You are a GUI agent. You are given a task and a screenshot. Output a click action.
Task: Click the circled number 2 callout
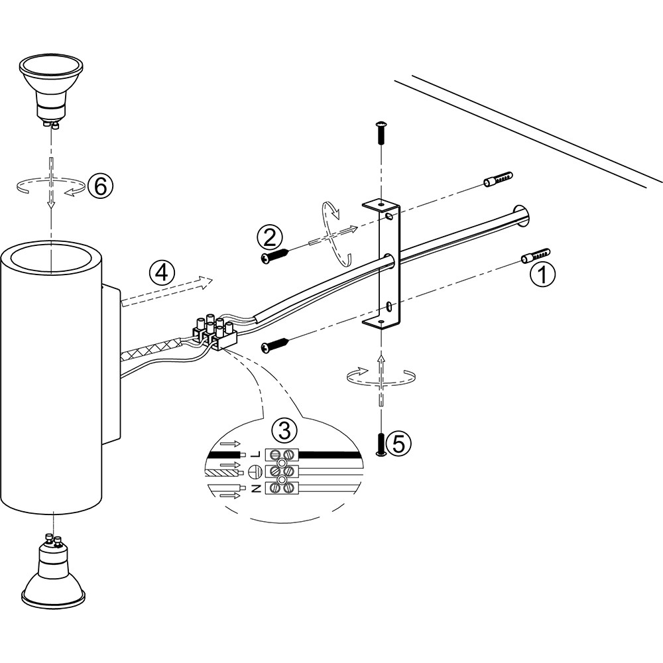[x=270, y=237]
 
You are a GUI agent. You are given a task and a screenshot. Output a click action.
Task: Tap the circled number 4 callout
[x=162, y=272]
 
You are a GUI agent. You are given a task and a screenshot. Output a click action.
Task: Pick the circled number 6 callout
[x=101, y=186]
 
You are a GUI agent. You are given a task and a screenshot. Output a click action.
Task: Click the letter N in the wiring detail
[x=255, y=489]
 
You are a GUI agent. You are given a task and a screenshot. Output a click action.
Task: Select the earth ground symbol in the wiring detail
[x=255, y=471]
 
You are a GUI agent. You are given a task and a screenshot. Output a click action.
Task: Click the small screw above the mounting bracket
[x=381, y=132]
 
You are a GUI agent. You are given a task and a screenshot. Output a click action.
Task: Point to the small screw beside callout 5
[x=381, y=445]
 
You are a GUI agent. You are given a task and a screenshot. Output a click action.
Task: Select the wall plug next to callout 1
[x=536, y=255]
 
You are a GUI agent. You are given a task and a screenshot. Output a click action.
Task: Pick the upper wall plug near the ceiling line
[x=498, y=180]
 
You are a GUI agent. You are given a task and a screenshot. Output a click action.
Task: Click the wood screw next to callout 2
[x=275, y=256]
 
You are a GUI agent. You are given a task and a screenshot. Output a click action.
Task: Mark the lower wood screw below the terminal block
[x=275, y=343]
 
